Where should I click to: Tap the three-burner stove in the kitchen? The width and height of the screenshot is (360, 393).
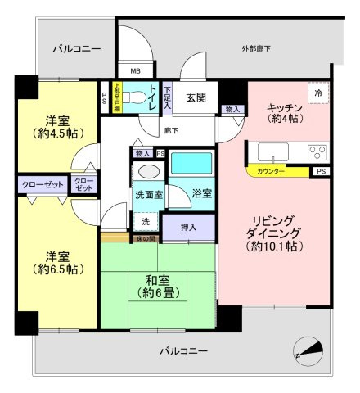click(317, 151)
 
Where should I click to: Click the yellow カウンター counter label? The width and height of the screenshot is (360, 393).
click(271, 172)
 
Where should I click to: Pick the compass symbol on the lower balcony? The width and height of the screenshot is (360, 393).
click(308, 350)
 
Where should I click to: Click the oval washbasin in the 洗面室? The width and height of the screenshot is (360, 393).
click(148, 173)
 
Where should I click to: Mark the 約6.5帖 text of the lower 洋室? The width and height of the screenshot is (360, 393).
click(50, 269)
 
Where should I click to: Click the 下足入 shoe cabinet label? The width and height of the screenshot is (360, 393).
click(167, 99)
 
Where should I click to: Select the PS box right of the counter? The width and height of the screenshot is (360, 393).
click(321, 172)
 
